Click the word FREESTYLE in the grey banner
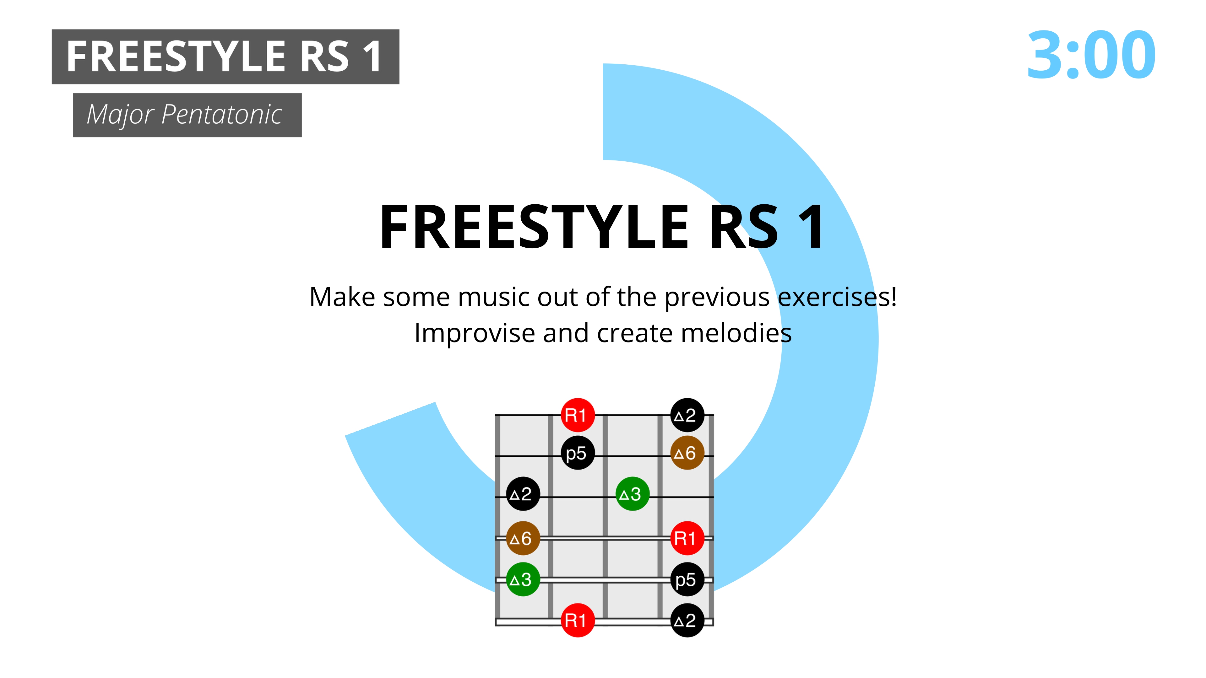(176, 56)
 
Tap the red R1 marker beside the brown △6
(687, 538)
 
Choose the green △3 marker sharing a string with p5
(523, 579)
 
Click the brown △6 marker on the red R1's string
(523, 538)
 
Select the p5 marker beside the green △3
(687, 579)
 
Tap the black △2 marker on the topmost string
(687, 415)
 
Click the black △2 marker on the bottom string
(687, 621)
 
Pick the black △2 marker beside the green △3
(523, 494)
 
